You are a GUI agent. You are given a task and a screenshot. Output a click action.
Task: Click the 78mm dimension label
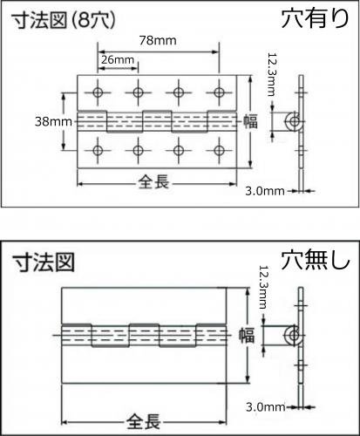[158, 40]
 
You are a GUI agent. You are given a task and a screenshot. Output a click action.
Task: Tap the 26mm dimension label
[118, 60]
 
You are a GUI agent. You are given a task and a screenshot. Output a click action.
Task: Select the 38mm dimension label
[53, 121]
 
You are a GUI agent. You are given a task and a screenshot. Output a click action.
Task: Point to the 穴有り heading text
[316, 18]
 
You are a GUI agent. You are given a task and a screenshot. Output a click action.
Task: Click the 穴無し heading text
[316, 260]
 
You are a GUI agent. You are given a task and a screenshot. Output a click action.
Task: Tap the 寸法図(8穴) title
[64, 20]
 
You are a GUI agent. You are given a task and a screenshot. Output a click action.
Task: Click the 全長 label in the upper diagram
[153, 183]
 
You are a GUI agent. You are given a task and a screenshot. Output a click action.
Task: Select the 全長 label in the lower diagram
[144, 421]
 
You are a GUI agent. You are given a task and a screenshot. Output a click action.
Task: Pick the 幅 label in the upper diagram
[250, 121]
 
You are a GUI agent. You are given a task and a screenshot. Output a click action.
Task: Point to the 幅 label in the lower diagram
[247, 336]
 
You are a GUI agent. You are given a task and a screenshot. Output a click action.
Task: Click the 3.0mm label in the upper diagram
[265, 191]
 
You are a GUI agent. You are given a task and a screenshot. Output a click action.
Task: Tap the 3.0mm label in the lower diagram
[265, 407]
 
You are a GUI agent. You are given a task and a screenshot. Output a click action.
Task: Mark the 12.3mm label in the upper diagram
[271, 74]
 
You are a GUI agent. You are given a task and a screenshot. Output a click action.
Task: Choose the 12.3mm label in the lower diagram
[263, 287]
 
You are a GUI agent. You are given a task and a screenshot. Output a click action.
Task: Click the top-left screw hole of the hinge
[98, 92]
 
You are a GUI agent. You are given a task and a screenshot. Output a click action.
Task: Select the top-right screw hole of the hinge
[219, 92]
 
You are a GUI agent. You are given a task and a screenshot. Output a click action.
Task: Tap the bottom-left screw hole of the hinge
[98, 150]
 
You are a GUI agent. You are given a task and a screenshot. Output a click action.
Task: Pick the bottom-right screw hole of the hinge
[219, 150]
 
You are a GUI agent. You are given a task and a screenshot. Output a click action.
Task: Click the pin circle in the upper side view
[295, 121]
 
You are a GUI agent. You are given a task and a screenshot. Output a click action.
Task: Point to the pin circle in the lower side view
[294, 336]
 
